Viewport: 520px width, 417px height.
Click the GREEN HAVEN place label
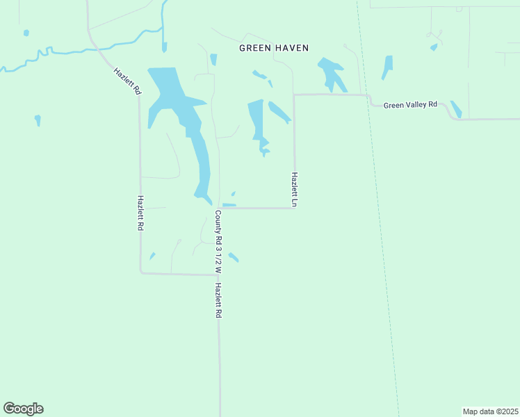pyautogui.click(x=273, y=48)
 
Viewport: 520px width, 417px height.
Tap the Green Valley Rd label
pyautogui.click(x=410, y=105)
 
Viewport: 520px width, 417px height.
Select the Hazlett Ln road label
pyautogui.click(x=295, y=190)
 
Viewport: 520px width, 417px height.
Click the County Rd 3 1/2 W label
pyautogui.click(x=218, y=240)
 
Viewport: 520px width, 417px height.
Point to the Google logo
pyautogui.click(x=23, y=409)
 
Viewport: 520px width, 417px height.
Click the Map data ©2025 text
pyautogui.click(x=490, y=411)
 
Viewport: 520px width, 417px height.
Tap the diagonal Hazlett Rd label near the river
pyautogui.click(x=127, y=81)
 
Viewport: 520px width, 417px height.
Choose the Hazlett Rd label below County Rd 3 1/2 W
pyautogui.click(x=218, y=300)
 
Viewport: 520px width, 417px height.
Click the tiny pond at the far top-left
pyautogui.click(x=26, y=33)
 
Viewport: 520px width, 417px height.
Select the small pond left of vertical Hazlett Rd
pyautogui.click(x=38, y=120)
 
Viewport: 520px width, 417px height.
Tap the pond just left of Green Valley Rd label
pyautogui.click(x=387, y=67)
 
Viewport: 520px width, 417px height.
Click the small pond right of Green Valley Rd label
pyautogui.click(x=456, y=109)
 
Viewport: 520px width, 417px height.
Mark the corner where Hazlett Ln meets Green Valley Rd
pyautogui.click(x=294, y=95)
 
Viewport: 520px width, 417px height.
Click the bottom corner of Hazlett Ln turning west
pyautogui.click(x=294, y=207)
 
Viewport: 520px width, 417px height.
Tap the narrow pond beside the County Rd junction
pyautogui.click(x=229, y=205)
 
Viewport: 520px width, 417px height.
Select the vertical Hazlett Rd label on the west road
pyautogui.click(x=140, y=213)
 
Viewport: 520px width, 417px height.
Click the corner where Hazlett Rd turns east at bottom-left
pyautogui.click(x=141, y=272)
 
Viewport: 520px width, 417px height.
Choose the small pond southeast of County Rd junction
pyautogui.click(x=234, y=258)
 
